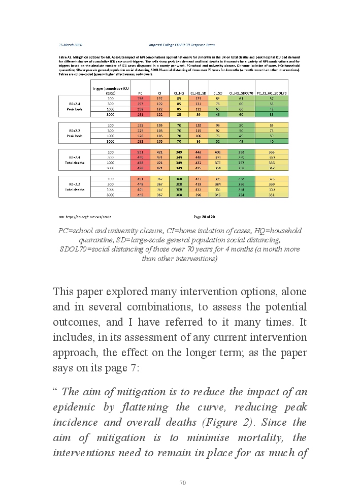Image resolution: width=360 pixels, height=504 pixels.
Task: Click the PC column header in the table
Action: pos(141,93)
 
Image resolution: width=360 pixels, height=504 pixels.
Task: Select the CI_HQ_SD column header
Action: pos(198,93)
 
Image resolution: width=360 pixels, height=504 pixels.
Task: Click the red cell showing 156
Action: pos(141,98)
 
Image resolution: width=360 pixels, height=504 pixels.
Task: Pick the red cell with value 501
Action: pos(141,152)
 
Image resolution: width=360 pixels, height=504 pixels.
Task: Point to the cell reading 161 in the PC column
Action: pos(141,115)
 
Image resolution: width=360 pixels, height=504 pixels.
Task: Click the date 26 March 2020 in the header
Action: pos(70,45)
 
